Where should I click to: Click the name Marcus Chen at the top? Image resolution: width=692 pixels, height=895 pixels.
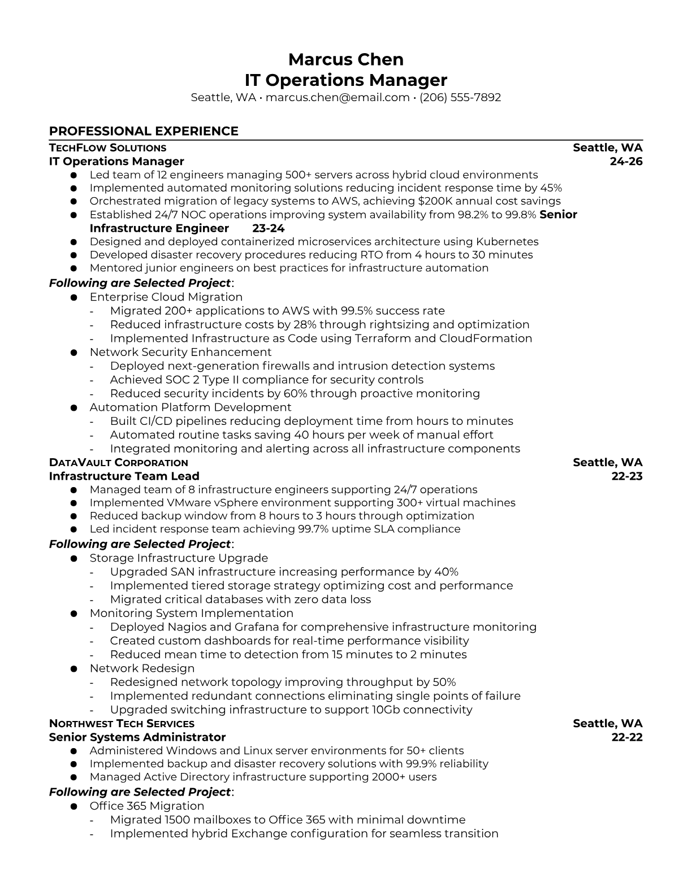[345, 59]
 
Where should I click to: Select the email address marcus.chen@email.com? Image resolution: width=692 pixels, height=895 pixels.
[337, 97]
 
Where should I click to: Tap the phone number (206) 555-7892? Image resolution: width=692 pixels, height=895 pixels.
[460, 97]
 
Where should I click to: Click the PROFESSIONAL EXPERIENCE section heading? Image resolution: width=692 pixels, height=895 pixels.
[144, 131]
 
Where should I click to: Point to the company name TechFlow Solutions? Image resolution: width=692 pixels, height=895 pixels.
[107, 148]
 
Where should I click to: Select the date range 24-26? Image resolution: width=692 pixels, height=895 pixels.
[626, 162]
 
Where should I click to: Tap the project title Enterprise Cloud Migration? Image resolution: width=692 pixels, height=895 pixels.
[166, 297]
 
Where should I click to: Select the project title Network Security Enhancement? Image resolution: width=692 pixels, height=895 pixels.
[180, 352]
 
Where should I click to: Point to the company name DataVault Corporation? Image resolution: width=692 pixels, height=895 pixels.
[118, 463]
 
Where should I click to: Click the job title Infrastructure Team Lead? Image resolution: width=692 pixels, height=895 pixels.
[124, 476]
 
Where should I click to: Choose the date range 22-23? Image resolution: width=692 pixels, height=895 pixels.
[627, 476]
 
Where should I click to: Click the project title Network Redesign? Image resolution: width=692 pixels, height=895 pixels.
[142, 668]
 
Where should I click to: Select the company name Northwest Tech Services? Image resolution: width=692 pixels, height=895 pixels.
[122, 724]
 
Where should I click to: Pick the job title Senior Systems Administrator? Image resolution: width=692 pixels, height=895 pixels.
[137, 737]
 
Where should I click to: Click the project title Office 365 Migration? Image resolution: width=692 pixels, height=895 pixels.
[146, 806]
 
